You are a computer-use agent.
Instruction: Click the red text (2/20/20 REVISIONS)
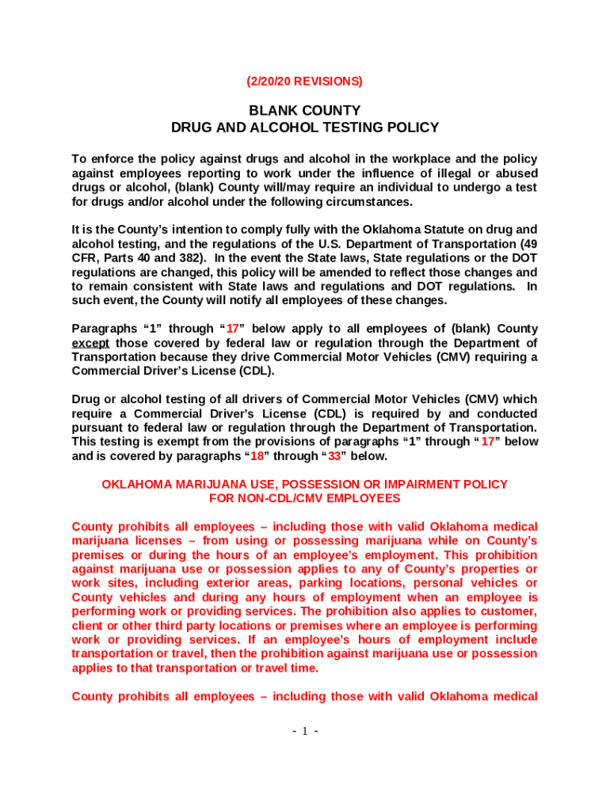click(305, 81)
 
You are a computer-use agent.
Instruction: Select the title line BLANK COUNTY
click(305, 111)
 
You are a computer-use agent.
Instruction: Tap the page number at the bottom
click(304, 731)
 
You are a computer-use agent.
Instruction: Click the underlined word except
click(90, 343)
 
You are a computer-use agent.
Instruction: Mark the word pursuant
click(99, 428)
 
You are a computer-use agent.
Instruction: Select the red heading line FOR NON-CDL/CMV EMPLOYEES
click(305, 499)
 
